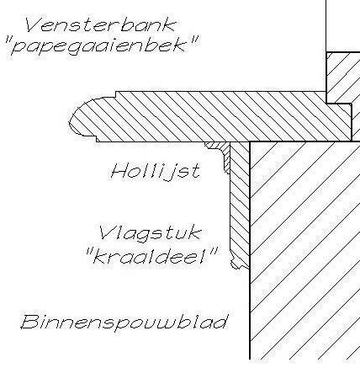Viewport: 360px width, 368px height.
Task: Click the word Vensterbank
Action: (100, 25)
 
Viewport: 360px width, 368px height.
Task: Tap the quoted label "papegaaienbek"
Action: (102, 45)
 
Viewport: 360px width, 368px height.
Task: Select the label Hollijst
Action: (156, 171)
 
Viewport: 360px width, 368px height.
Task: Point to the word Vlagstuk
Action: (151, 233)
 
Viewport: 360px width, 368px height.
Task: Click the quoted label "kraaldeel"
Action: (152, 256)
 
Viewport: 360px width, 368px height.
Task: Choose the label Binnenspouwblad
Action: (124, 322)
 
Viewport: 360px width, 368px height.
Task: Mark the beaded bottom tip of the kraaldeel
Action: (238, 263)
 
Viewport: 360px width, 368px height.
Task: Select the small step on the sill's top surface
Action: (116, 94)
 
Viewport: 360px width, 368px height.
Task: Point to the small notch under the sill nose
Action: (94, 139)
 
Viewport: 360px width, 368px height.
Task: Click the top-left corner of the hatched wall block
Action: (250, 141)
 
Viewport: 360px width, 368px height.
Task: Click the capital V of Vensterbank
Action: (34, 24)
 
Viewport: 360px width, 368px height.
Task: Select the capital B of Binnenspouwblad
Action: (29, 322)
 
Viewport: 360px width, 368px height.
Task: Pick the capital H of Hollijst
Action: (119, 171)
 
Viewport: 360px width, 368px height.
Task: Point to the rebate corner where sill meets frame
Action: (326, 104)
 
